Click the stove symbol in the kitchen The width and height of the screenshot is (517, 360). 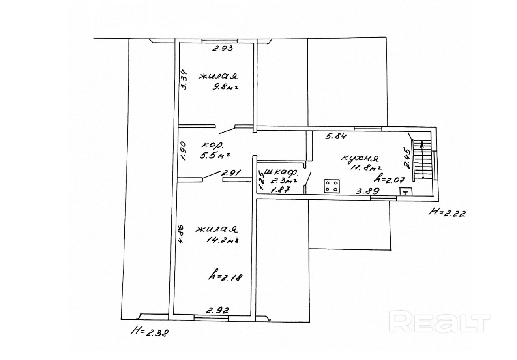pyautogui.click(x=331, y=186)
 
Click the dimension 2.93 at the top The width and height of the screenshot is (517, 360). pyautogui.click(x=222, y=49)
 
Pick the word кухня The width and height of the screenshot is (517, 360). pyautogui.click(x=359, y=158)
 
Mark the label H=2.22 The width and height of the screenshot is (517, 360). pyautogui.click(x=448, y=212)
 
